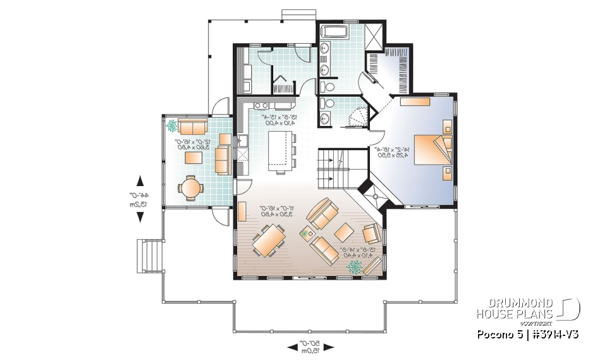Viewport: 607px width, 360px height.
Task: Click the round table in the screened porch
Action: pos(190,187)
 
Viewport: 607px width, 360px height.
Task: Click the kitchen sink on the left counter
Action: pos(243,140)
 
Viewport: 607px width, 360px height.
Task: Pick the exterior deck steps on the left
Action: pos(149,256)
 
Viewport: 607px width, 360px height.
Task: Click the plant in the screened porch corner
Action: pos(171,125)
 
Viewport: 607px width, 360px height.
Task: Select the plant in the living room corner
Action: pos(354,266)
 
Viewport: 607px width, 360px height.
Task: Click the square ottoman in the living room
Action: pos(345,231)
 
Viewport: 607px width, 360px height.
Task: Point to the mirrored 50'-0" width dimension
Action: pos(310,346)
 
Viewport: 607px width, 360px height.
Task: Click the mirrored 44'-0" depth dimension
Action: pos(140,199)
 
